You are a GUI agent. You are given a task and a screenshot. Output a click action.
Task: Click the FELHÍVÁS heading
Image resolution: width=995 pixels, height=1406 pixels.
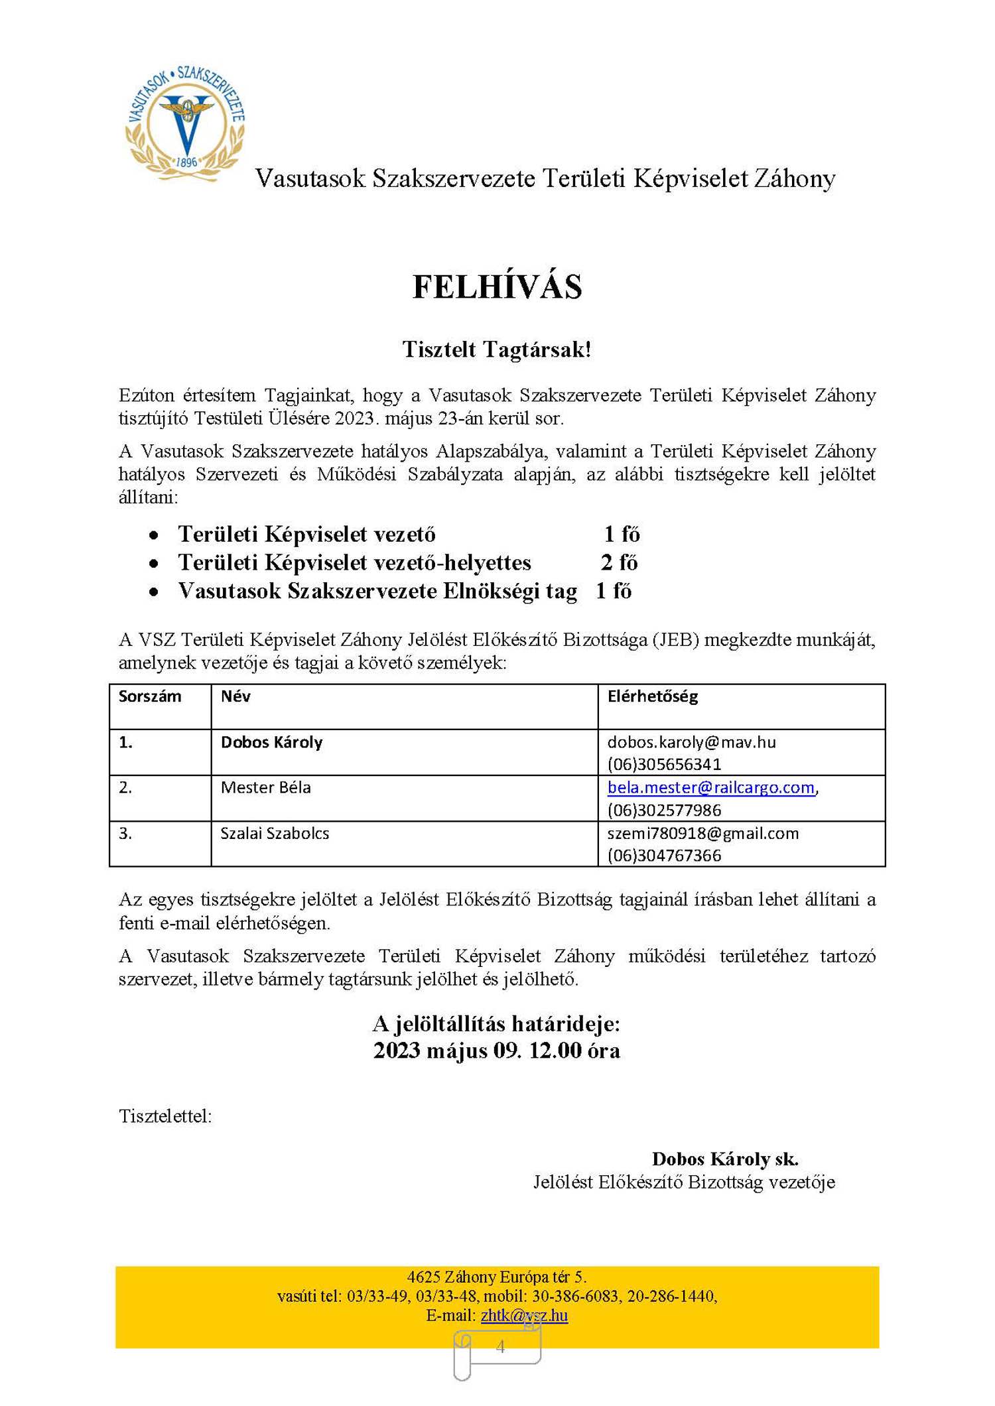(x=497, y=287)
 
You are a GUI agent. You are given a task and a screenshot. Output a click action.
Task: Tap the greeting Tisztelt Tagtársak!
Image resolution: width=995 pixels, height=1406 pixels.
(x=496, y=350)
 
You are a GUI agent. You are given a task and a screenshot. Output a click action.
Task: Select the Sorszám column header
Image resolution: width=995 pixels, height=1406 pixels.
(x=150, y=696)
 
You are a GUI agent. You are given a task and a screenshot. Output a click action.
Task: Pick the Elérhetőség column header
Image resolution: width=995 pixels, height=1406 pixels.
(x=653, y=696)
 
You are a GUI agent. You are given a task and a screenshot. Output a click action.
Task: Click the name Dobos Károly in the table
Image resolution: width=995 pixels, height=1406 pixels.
(x=271, y=742)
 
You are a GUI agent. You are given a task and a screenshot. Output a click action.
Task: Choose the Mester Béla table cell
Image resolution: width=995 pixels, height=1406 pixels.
(x=265, y=787)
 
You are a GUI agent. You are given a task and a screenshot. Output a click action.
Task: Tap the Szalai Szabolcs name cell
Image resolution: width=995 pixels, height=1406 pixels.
(x=275, y=833)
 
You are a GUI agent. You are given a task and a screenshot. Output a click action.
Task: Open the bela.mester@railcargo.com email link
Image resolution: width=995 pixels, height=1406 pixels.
(x=710, y=787)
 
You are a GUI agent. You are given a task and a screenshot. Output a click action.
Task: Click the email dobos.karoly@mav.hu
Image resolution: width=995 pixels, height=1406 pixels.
(x=691, y=742)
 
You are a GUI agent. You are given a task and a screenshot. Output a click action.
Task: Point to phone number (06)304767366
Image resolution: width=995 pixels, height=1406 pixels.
(x=664, y=856)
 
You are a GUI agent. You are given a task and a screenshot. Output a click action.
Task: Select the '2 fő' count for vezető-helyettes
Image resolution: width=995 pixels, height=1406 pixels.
(x=619, y=562)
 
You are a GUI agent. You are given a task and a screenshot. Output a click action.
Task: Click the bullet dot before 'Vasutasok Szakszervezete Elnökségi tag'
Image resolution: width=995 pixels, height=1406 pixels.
(x=154, y=592)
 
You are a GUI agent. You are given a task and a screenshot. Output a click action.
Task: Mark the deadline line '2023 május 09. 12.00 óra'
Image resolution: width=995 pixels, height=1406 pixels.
(x=496, y=1051)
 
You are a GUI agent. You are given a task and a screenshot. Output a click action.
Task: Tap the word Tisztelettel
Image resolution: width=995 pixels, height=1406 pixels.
(x=165, y=1116)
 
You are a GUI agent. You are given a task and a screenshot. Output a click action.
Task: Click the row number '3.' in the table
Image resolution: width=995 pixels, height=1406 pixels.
(x=125, y=833)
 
